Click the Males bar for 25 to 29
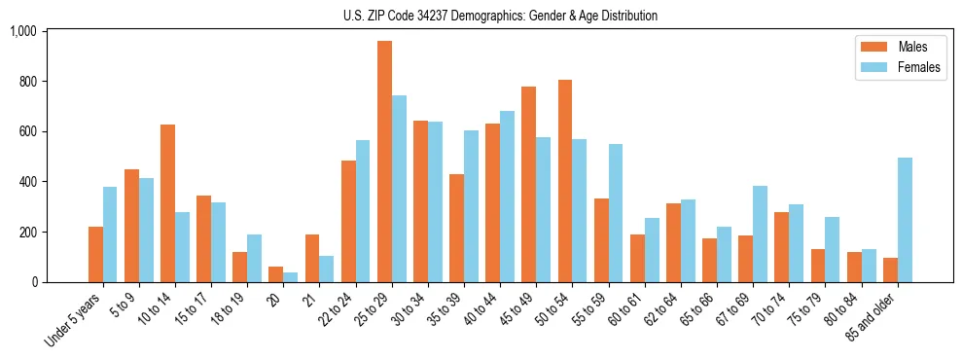(384, 162)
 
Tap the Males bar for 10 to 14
(167, 203)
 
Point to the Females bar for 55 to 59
(616, 213)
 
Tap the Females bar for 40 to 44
(507, 197)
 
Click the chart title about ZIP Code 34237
(500, 16)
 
